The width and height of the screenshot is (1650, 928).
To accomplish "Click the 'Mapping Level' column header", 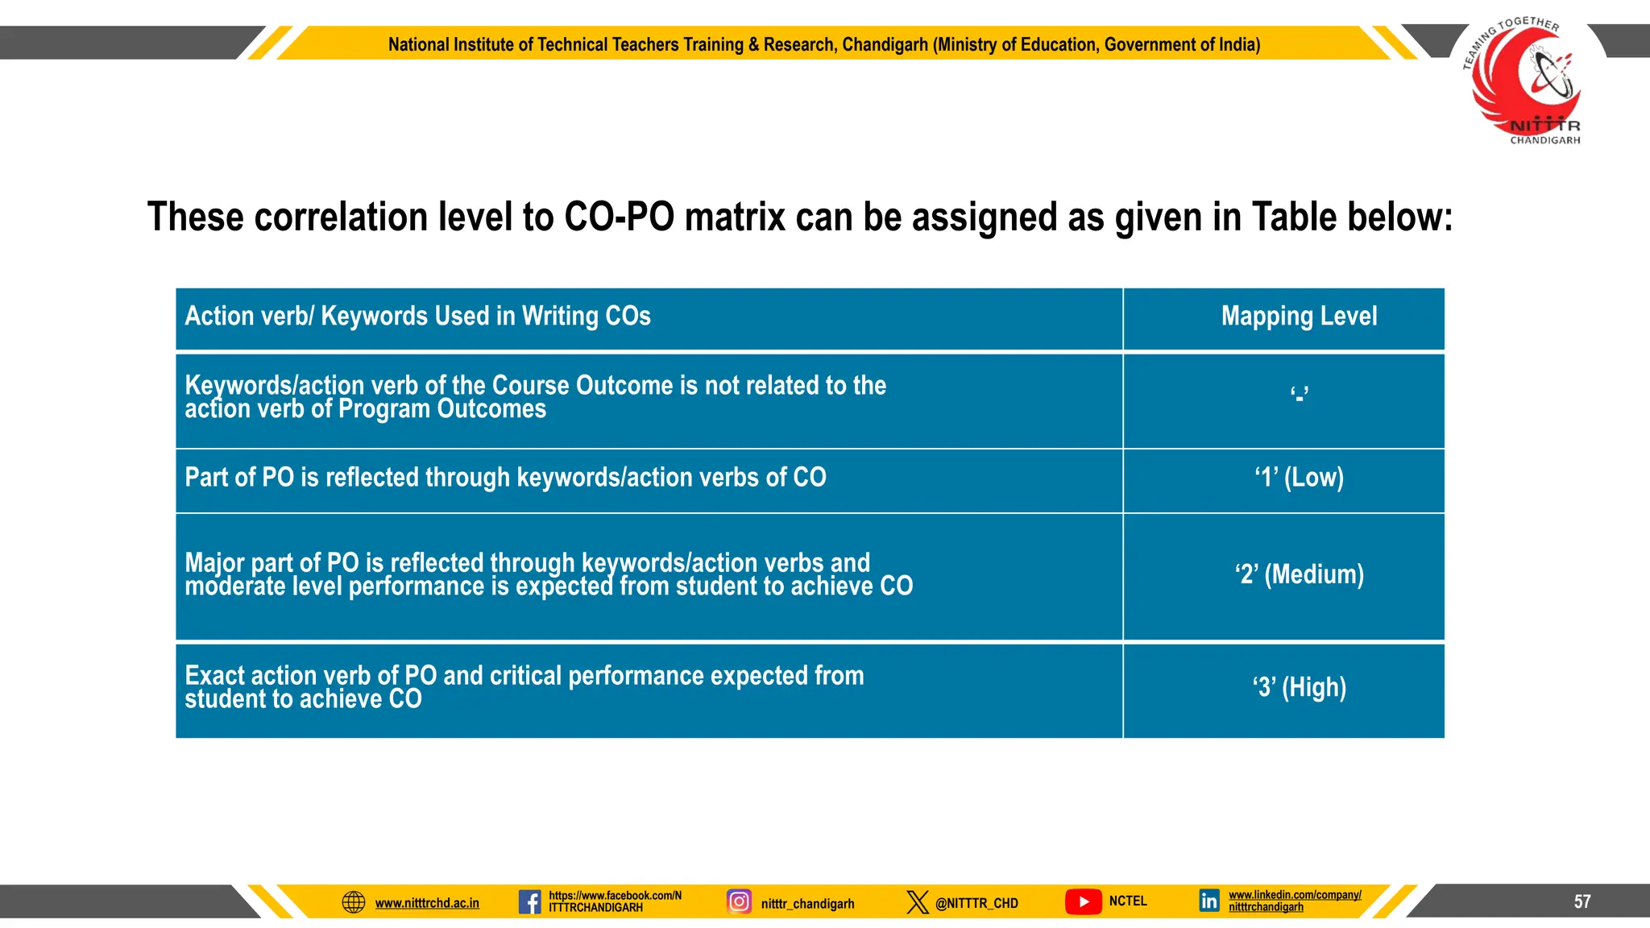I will [x=1299, y=317].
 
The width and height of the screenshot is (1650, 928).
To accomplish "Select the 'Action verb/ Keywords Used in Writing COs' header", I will [x=417, y=317].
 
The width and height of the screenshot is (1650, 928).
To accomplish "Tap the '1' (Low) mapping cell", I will [x=1299, y=478].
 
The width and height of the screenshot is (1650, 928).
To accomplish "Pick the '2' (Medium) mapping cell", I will [x=1299, y=575].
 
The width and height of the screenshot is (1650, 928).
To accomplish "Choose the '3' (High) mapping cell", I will [x=1299, y=688].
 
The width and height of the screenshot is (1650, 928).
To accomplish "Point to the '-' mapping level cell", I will [x=1299, y=396].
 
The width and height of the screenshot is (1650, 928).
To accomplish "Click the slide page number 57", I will [x=1582, y=901].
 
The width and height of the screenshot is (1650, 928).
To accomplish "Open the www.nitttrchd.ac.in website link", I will [x=427, y=904].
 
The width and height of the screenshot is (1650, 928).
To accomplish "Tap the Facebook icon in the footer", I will [x=529, y=901].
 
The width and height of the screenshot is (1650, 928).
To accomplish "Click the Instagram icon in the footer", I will [x=739, y=901].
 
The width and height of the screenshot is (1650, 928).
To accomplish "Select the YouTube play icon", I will [x=1083, y=901].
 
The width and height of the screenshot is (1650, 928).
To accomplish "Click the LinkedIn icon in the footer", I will [x=1208, y=901].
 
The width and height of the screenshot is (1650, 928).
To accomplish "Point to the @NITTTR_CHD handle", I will [x=976, y=904].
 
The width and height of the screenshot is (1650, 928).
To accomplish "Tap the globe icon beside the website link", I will [x=354, y=902].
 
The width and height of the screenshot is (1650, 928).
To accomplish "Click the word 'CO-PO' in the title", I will [x=619, y=217].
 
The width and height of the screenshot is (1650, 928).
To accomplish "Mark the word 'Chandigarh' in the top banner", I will [x=885, y=45].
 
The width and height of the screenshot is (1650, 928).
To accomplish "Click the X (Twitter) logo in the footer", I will [x=917, y=902].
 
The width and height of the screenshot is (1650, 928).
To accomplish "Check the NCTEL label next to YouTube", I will [x=1127, y=901].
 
